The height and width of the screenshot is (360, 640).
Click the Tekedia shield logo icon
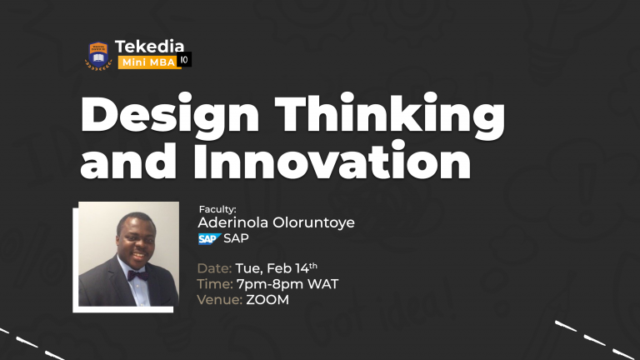(x=99, y=55)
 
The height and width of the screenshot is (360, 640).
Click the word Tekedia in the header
(x=150, y=47)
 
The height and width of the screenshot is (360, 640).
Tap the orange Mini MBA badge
(x=147, y=62)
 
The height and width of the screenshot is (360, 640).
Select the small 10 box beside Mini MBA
(x=185, y=61)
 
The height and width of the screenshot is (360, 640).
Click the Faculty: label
(x=217, y=209)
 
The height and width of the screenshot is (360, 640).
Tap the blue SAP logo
(x=208, y=239)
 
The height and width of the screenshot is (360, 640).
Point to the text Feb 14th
(x=292, y=268)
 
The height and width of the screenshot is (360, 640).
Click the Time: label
(x=214, y=284)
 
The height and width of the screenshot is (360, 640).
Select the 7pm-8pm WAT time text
(x=287, y=284)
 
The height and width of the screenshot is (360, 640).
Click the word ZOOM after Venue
(x=267, y=300)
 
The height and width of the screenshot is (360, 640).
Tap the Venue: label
(x=219, y=300)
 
